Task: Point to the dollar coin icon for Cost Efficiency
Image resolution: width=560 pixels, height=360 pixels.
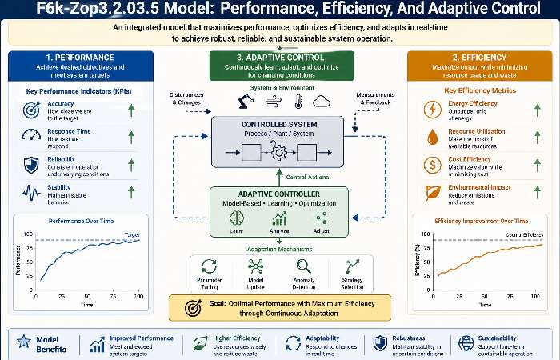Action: [x=433, y=165]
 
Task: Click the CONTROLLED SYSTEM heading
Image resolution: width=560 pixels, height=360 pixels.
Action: [x=279, y=126]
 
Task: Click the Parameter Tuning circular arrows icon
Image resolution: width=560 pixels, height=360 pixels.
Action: [x=210, y=267]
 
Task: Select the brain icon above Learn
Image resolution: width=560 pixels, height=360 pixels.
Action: [x=237, y=217]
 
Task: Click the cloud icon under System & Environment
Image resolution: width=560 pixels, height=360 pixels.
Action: [x=322, y=102]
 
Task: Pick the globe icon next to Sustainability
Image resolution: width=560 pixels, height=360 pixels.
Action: [x=465, y=343]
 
